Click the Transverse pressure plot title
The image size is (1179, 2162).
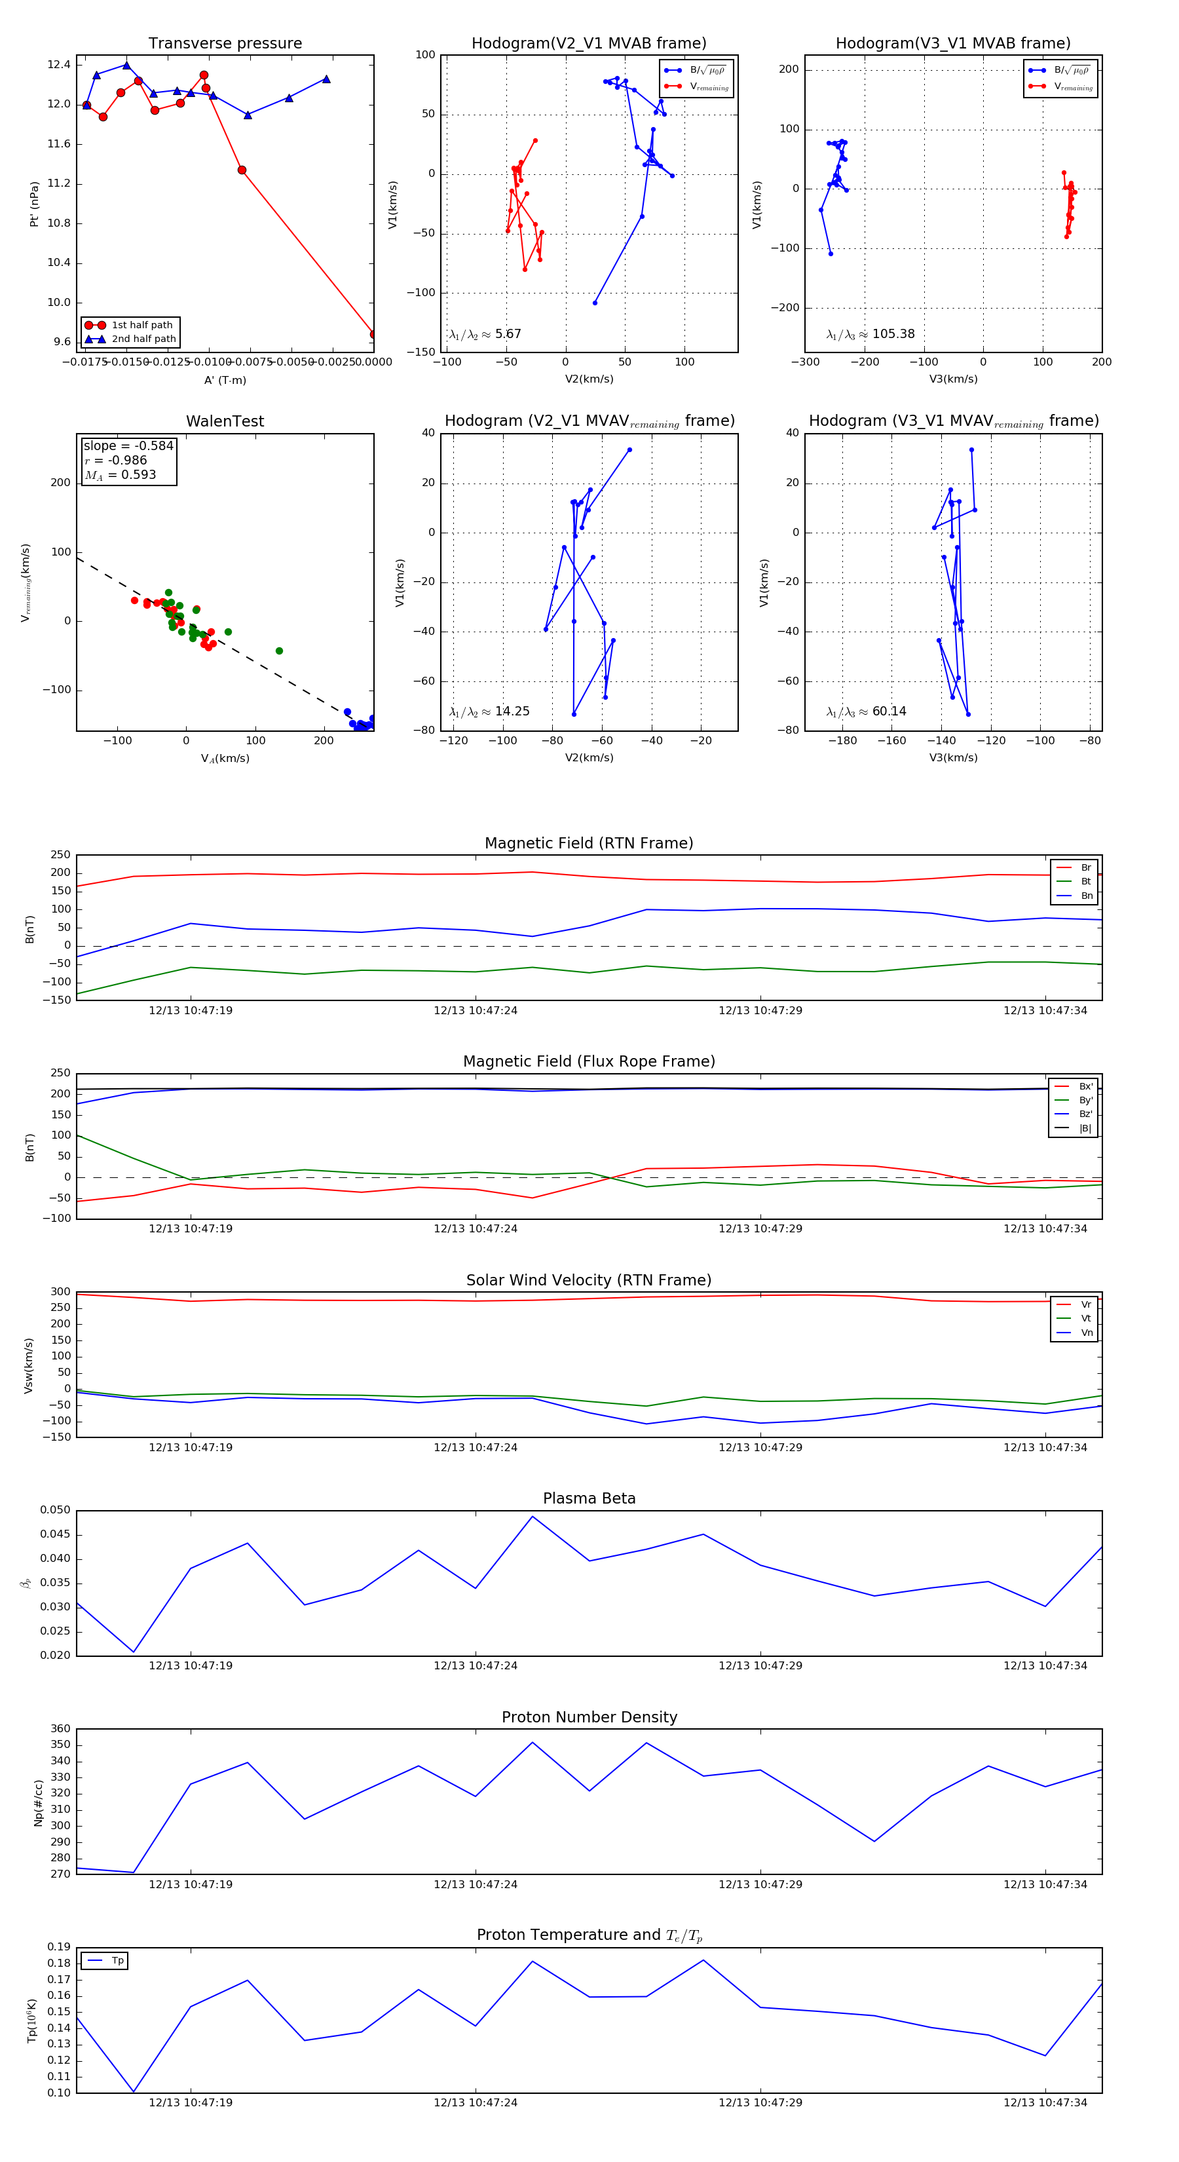coord(225,44)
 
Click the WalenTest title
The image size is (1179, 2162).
coord(225,421)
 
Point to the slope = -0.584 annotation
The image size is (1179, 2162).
coord(128,446)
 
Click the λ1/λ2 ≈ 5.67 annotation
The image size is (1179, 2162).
coord(485,334)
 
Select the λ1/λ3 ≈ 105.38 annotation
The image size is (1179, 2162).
coord(870,334)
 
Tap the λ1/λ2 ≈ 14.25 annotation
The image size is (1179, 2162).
coord(489,711)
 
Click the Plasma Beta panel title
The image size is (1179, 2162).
coord(589,1499)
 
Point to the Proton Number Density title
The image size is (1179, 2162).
coord(589,1717)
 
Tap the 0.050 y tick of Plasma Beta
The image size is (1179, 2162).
coord(56,1510)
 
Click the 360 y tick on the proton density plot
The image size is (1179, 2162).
coord(60,1729)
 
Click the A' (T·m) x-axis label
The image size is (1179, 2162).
coord(225,380)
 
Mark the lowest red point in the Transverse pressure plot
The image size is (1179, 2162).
coord(373,334)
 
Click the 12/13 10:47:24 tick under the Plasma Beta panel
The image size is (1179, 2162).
coord(475,1666)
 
